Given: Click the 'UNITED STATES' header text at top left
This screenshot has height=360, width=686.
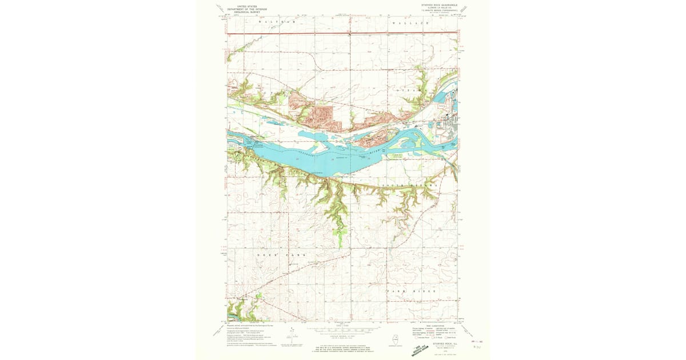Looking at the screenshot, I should point(240,5).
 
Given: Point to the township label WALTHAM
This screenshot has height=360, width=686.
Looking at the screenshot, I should point(277,22).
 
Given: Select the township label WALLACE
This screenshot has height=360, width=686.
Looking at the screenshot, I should point(410,22).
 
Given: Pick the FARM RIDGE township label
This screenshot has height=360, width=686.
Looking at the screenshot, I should point(412,291).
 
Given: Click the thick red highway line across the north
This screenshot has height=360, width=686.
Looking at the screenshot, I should point(343,33).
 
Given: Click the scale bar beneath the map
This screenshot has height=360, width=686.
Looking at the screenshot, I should point(343,330).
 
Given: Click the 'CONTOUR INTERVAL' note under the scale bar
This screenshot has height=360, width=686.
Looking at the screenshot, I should point(343,336).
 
